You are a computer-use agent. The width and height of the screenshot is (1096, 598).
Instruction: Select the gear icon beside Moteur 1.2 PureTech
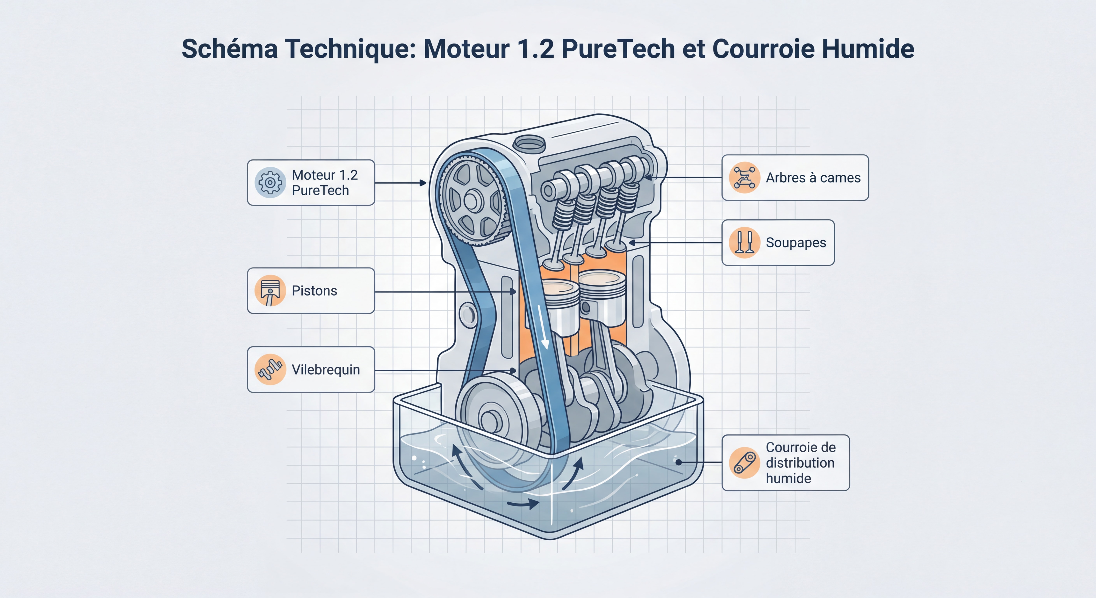[270, 183]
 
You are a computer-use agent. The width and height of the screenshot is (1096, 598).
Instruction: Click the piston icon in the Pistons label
[270, 291]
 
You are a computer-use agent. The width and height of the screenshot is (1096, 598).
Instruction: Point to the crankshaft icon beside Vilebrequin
[270, 369]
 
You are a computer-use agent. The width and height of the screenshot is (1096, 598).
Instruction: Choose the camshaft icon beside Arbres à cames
[744, 178]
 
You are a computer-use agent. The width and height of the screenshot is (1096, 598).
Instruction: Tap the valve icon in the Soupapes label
[744, 243]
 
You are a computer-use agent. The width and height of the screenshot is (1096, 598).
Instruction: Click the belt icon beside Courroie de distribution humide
[744, 463]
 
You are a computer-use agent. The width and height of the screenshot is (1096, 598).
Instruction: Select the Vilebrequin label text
[326, 369]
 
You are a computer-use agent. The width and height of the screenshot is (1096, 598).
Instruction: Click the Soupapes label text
[796, 243]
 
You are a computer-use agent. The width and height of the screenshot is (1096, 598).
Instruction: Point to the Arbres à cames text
[813, 178]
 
